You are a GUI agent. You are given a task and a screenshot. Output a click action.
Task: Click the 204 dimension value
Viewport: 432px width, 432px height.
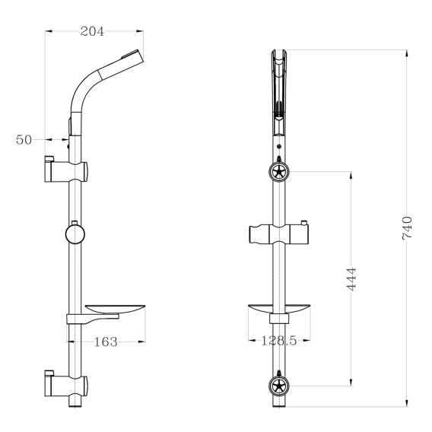click(x=92, y=31)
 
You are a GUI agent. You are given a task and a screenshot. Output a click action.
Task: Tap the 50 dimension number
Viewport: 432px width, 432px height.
click(x=24, y=140)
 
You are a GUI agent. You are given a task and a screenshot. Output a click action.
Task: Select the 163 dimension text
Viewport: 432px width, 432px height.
click(x=106, y=342)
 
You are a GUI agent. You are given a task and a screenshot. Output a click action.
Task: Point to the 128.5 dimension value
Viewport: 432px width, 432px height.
click(x=278, y=341)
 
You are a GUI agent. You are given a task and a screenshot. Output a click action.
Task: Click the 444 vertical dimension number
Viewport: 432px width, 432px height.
click(x=351, y=278)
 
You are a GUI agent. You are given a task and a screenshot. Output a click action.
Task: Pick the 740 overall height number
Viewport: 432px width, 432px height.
click(x=407, y=228)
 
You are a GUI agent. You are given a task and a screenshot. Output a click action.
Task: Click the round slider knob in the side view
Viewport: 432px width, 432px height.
click(x=75, y=234)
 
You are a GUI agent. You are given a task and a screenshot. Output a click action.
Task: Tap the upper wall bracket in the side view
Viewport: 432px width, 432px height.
click(x=66, y=170)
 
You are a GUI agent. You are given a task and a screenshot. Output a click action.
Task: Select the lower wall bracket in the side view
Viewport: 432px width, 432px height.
click(x=66, y=384)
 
